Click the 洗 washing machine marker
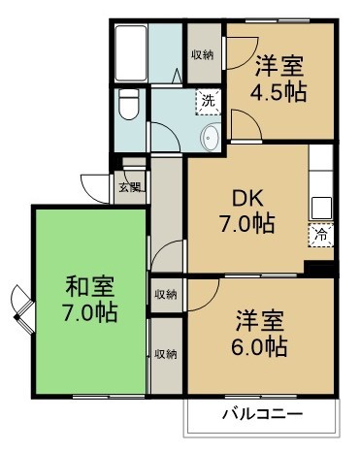(x=206, y=99)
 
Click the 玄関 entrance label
(x=128, y=187)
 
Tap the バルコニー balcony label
(x=262, y=414)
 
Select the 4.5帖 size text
(x=279, y=94)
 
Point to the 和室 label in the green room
(x=89, y=288)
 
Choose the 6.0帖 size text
(x=260, y=345)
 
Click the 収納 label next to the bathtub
(x=201, y=54)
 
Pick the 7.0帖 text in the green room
(x=89, y=313)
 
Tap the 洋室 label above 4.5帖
(x=279, y=68)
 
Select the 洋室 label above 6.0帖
(x=260, y=319)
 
